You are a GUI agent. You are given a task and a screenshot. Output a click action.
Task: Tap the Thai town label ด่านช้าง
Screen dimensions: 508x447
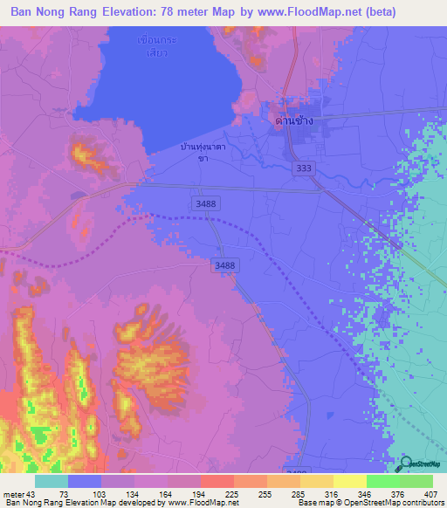tap(294, 120)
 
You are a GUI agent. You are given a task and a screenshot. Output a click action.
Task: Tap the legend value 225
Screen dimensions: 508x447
tap(200, 493)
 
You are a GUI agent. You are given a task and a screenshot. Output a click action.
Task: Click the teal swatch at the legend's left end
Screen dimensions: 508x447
tap(52, 481)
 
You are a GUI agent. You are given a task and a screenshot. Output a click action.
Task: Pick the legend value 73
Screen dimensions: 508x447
tap(64, 493)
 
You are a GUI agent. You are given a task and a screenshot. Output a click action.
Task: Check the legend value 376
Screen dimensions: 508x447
tap(398, 493)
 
